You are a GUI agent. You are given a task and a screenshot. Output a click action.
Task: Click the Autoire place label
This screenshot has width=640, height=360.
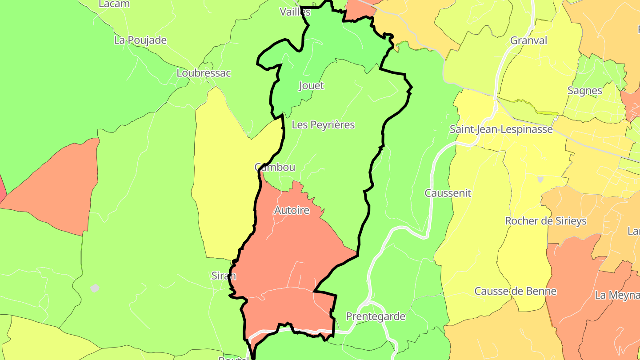(x=292, y=210)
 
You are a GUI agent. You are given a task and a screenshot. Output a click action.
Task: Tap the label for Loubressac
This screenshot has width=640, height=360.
(x=204, y=73)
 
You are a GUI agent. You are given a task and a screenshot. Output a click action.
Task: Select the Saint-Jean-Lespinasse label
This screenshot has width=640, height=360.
(x=501, y=129)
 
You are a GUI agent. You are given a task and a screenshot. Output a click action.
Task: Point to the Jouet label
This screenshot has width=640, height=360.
(x=312, y=85)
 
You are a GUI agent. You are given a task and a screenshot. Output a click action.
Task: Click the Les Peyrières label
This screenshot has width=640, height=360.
(x=323, y=125)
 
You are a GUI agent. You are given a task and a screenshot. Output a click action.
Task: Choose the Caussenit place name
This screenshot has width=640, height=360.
(x=448, y=193)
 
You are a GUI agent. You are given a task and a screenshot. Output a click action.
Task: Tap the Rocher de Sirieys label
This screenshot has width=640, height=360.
(x=552, y=221)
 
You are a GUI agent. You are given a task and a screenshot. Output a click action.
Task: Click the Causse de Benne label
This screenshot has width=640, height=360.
(x=515, y=291)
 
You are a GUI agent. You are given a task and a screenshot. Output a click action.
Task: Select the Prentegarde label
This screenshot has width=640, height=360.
(x=376, y=316)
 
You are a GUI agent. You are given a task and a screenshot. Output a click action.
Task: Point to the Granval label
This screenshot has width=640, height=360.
(x=528, y=40)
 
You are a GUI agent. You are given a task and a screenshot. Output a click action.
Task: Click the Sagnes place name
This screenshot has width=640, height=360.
(x=584, y=91)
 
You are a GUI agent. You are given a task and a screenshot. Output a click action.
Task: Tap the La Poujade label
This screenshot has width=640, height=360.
(x=140, y=40)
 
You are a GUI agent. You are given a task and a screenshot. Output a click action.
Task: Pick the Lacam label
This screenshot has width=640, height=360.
(x=114, y=4)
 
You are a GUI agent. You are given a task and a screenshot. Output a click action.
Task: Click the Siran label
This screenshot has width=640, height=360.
(x=224, y=276)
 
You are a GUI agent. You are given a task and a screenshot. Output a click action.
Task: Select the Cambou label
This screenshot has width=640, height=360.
(x=275, y=167)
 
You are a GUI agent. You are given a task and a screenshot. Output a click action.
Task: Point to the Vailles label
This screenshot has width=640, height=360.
(x=295, y=12)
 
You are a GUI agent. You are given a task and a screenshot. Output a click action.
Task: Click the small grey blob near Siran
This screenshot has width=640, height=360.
(x=95, y=288)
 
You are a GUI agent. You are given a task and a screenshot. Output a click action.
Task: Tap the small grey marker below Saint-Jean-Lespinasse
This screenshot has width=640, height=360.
(x=540, y=179)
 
